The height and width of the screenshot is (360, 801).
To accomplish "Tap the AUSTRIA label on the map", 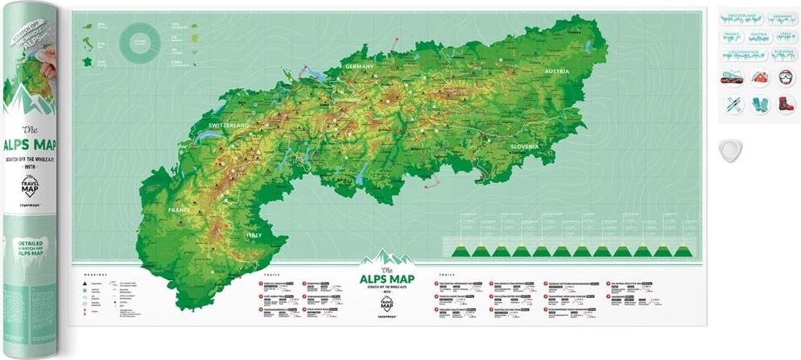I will point(557,71).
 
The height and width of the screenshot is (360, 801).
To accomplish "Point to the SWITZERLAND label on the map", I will point(229,126).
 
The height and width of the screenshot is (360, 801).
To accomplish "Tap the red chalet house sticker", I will point(759,78).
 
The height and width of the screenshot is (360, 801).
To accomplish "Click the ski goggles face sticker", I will point(785,78).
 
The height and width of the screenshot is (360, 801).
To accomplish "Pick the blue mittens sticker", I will point(759,105).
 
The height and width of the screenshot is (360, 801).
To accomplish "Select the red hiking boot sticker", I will point(785,105).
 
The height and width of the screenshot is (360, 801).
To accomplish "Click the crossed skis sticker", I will point(733,105).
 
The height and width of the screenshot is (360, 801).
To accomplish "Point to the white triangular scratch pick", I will point(731,149).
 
